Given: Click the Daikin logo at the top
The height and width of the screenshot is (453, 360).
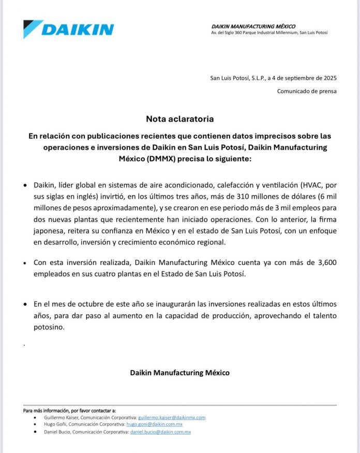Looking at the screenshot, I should (69, 29).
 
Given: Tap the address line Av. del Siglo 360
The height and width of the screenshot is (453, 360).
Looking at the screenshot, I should (269, 33).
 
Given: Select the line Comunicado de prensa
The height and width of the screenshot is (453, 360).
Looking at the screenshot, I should (307, 92).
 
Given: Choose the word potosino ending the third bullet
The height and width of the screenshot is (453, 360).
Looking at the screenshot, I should (49, 327).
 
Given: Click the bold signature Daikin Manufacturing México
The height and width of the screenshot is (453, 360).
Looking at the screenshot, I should (179, 372).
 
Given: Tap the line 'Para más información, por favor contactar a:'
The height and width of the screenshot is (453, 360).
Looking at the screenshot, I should (69, 411).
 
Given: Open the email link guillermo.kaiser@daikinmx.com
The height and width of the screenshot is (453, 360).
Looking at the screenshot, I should (172, 417).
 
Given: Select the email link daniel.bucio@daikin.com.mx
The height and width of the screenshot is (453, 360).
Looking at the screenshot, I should (160, 432).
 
